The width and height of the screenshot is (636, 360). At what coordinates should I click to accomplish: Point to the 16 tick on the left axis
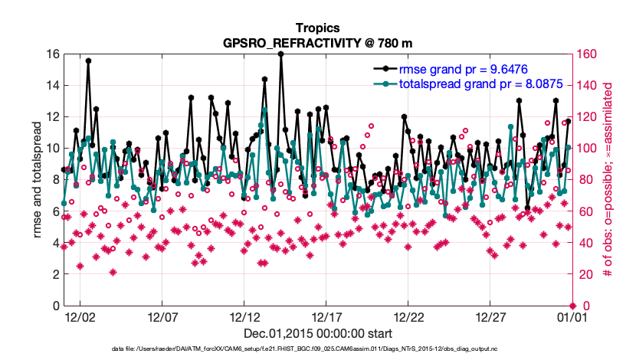51,54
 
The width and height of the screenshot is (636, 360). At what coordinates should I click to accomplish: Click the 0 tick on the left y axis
54,306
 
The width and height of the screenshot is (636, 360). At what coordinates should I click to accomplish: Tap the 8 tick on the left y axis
54,180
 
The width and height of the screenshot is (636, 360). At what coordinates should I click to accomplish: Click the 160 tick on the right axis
588,54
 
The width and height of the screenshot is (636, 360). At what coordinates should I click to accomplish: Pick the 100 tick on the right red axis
588,149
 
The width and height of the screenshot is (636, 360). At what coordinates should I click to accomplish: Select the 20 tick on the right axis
585,274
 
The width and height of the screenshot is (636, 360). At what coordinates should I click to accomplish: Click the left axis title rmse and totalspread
37,180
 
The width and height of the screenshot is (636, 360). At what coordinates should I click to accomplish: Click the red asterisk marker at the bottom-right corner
571,306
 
